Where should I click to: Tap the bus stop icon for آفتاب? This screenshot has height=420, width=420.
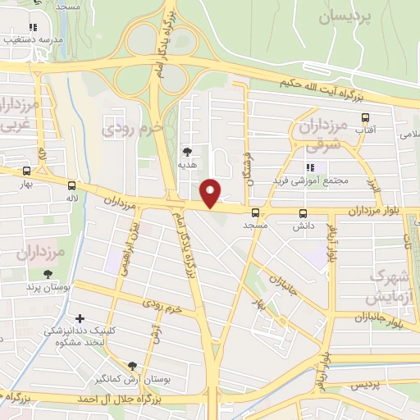coord(366,116)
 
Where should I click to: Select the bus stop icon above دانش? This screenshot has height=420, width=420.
coord(303,212)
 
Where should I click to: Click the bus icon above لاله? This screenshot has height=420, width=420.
coord(72,185)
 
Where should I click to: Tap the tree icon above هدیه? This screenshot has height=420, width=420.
coord(188,152)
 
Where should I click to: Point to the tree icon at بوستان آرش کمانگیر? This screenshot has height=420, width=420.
coord(133,366)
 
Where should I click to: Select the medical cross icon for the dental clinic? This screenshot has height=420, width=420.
coord(80,318)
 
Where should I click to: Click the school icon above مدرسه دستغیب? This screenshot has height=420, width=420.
coord(34,25)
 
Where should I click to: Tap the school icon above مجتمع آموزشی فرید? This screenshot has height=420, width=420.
coord(311,167)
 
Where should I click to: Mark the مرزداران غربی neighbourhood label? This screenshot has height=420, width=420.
coord(16,115)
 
